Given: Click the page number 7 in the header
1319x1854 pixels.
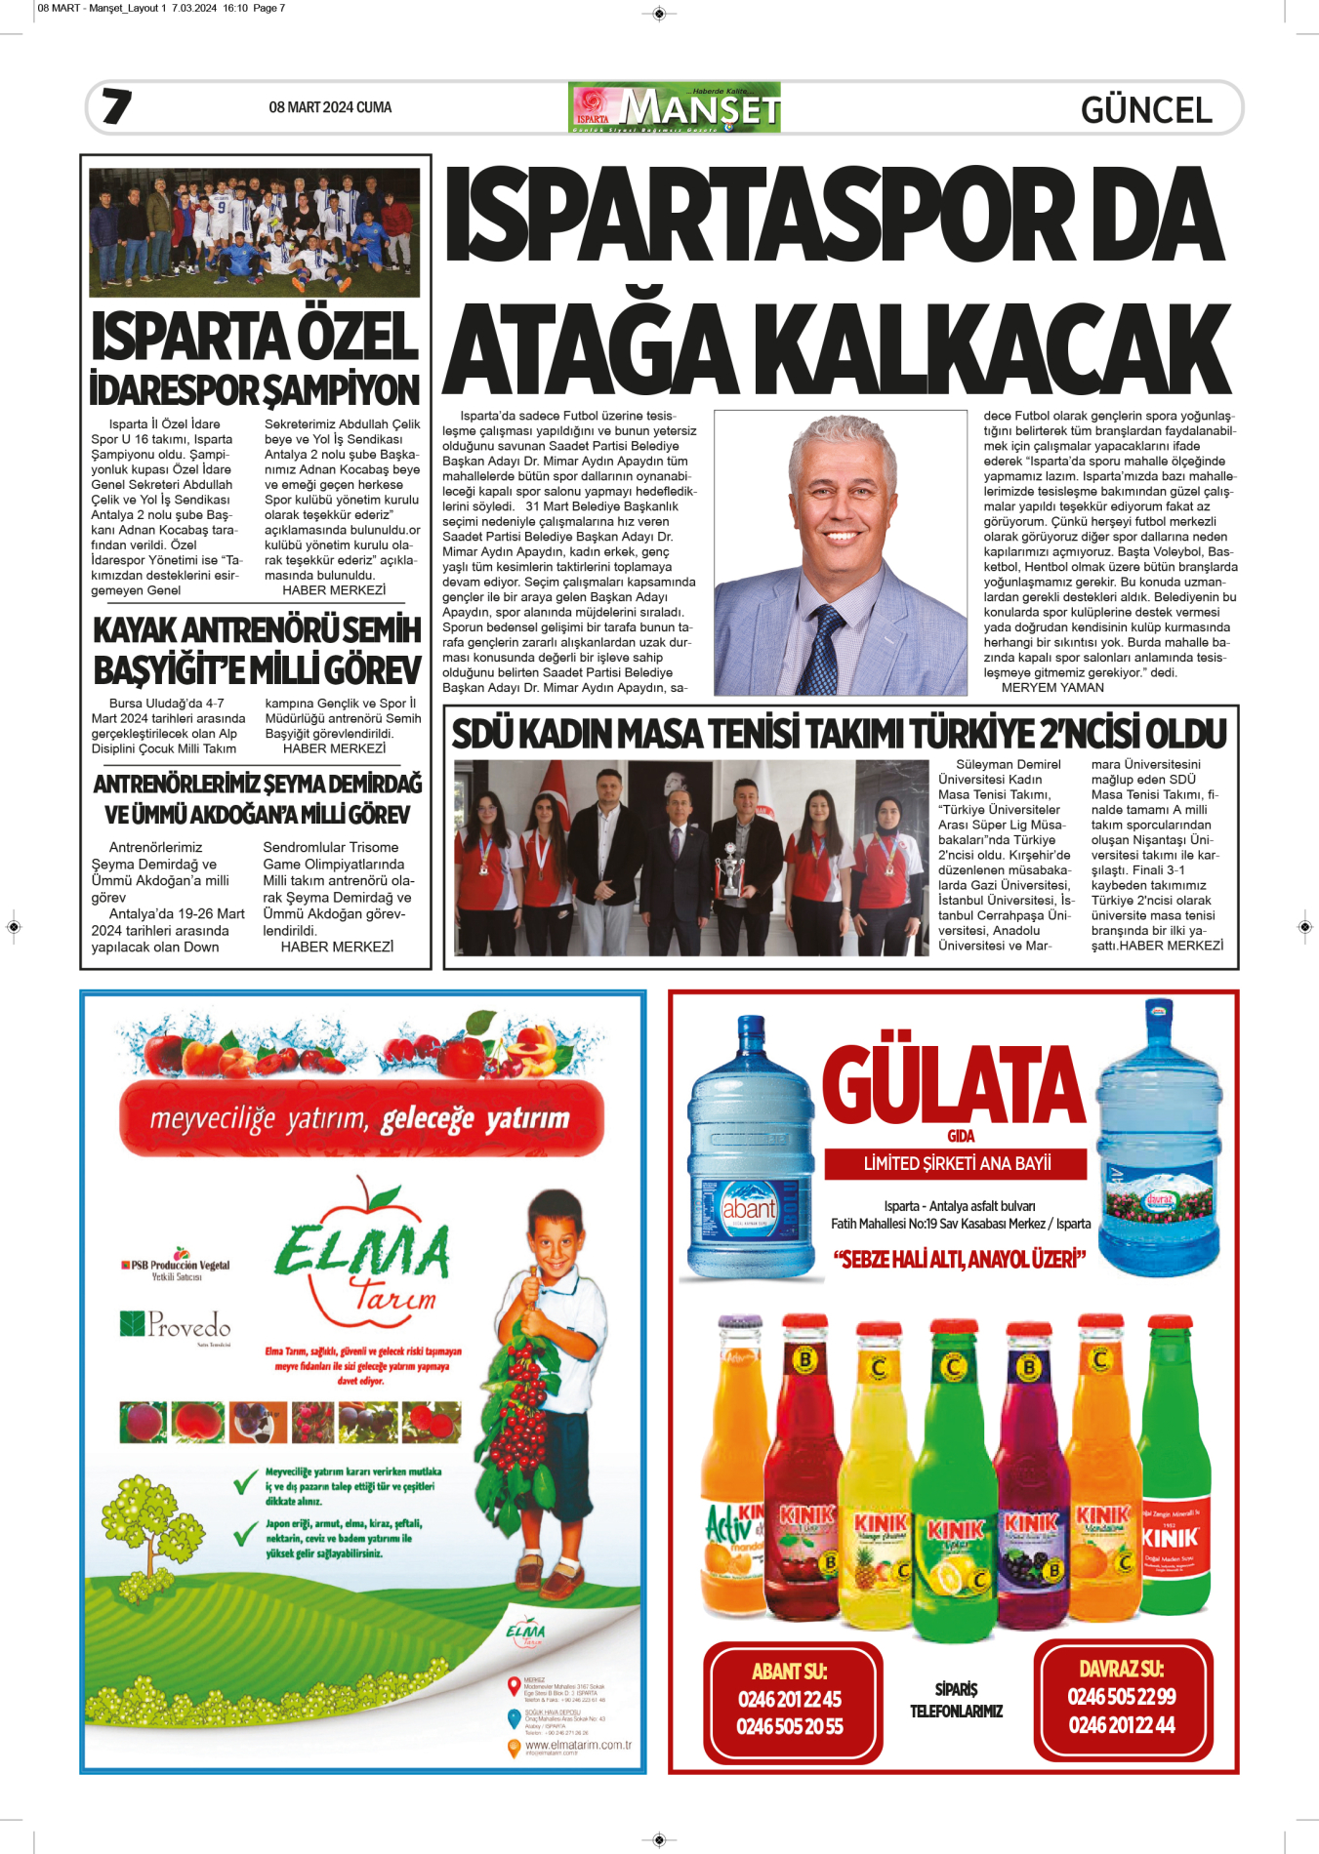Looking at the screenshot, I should tap(116, 106).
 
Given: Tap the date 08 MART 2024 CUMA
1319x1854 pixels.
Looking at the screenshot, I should tap(330, 107).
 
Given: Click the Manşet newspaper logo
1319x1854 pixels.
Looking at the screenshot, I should tap(674, 107).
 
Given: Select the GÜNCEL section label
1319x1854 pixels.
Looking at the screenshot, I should tap(1146, 109).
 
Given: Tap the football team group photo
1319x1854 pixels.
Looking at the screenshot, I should tap(255, 232).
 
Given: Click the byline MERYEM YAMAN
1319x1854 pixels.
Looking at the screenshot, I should tap(1052, 688).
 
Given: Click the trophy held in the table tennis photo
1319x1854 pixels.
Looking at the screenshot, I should tap(727, 868).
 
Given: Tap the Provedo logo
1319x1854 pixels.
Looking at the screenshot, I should tap(177, 1325).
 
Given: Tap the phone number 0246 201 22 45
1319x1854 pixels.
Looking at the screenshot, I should tap(790, 1700).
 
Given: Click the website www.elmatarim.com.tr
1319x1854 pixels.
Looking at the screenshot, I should tap(578, 1745).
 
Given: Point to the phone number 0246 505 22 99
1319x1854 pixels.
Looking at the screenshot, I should tap(1122, 1697).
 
